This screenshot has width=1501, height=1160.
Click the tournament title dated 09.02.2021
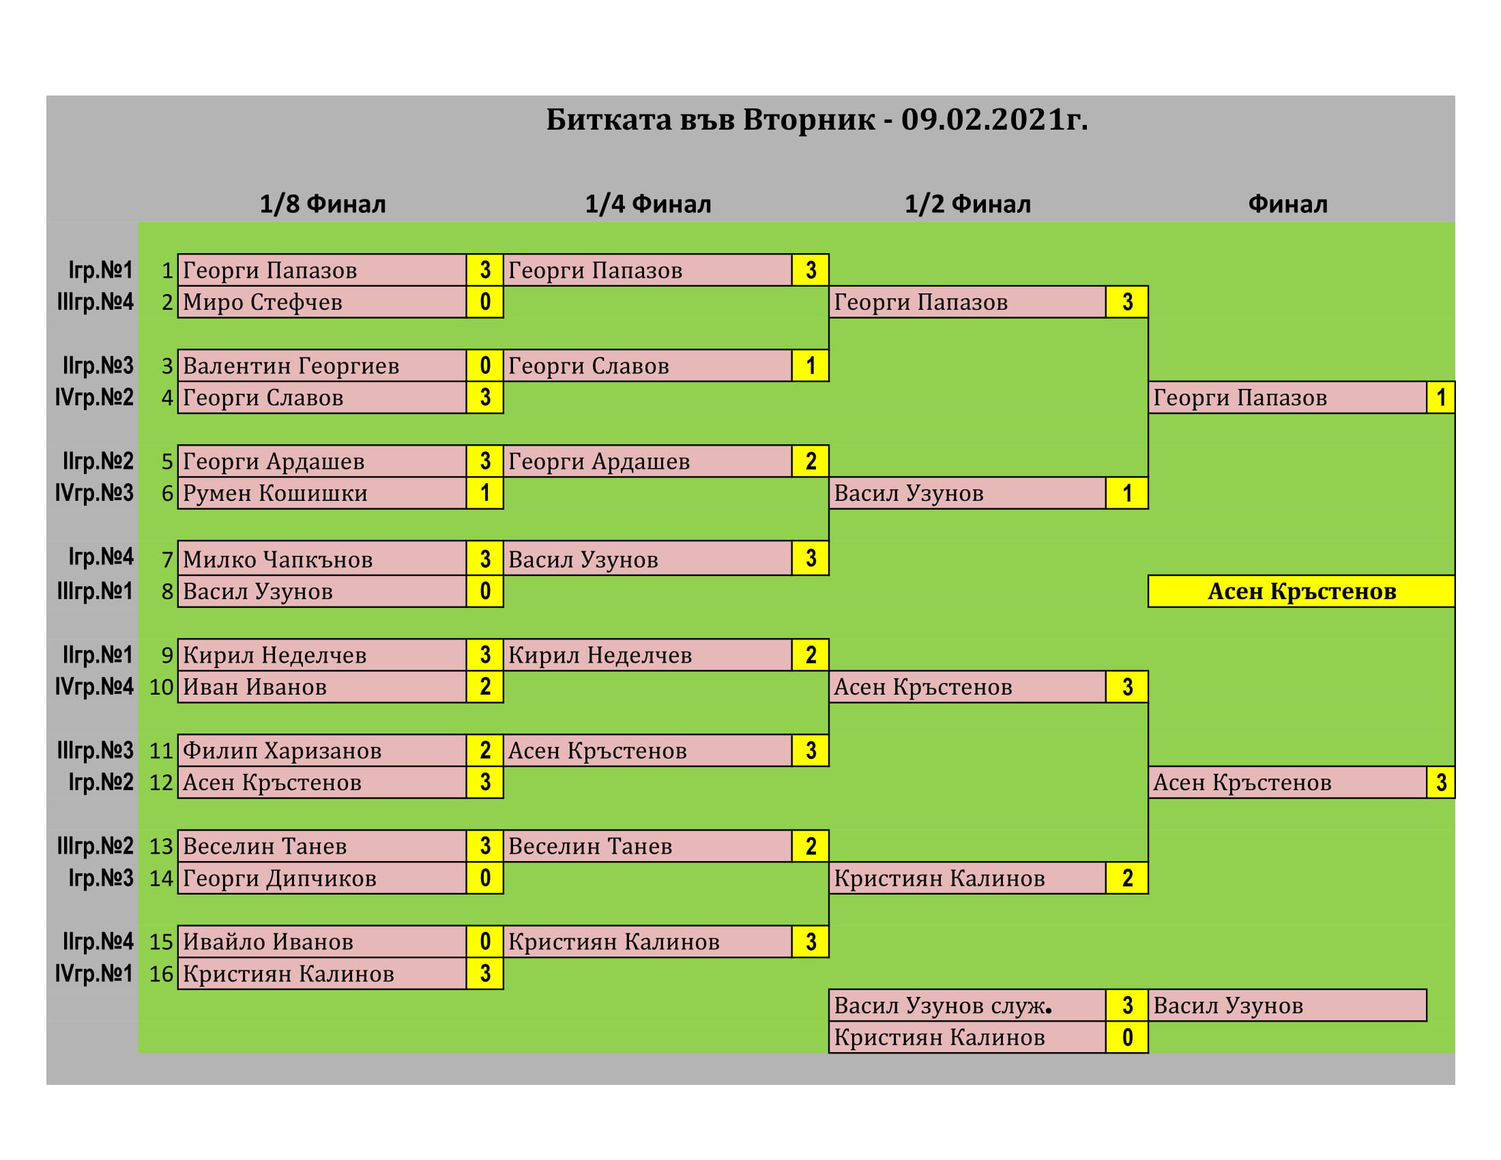tap(817, 119)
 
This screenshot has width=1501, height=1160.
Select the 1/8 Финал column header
tap(323, 204)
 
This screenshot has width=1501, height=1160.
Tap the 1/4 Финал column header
tap(648, 204)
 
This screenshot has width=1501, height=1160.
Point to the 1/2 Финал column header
tap(967, 204)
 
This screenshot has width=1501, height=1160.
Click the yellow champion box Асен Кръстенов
tap(1301, 591)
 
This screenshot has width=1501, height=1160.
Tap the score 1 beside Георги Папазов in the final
tap(1440, 397)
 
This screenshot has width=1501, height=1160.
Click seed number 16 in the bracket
tap(162, 974)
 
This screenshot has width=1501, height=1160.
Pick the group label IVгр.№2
tap(94, 397)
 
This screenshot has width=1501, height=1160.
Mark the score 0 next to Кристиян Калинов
tap(1127, 1037)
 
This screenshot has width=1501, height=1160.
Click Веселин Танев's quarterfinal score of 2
tap(811, 846)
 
